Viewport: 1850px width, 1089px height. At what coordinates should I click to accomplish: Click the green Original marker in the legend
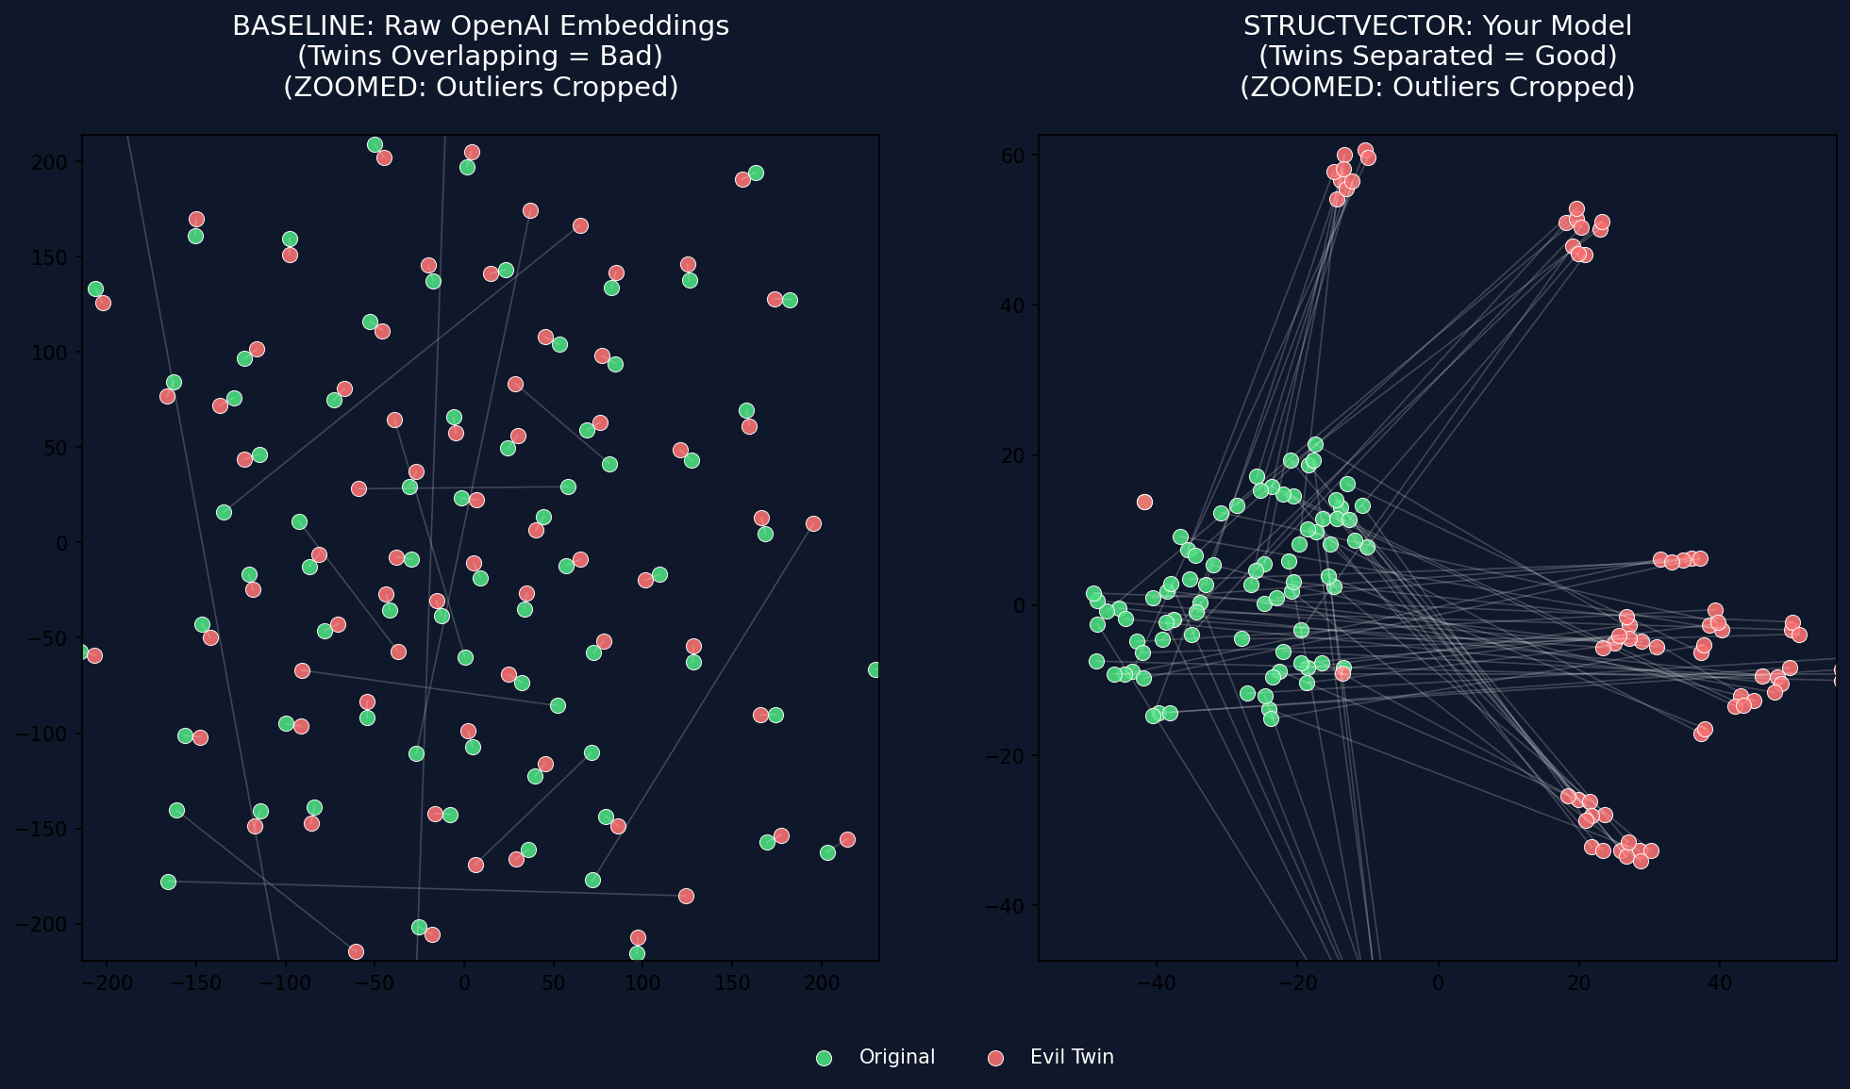pyautogui.click(x=824, y=1058)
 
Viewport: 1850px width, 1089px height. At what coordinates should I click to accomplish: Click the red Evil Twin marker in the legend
pyautogui.click(x=995, y=1058)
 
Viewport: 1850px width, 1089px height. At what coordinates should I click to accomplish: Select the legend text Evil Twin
pyautogui.click(x=1072, y=1057)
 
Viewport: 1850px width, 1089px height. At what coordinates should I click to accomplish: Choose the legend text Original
pyautogui.click(x=896, y=1057)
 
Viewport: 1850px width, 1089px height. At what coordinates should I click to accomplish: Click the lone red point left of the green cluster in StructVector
pyautogui.click(x=1144, y=502)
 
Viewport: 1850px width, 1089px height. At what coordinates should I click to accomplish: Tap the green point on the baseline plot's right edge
pyautogui.click(x=875, y=669)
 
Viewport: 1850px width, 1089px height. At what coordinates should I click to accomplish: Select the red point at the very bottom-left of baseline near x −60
pyautogui.click(x=356, y=951)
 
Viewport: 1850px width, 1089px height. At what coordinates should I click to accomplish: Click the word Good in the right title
pyautogui.click(x=1578, y=57)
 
